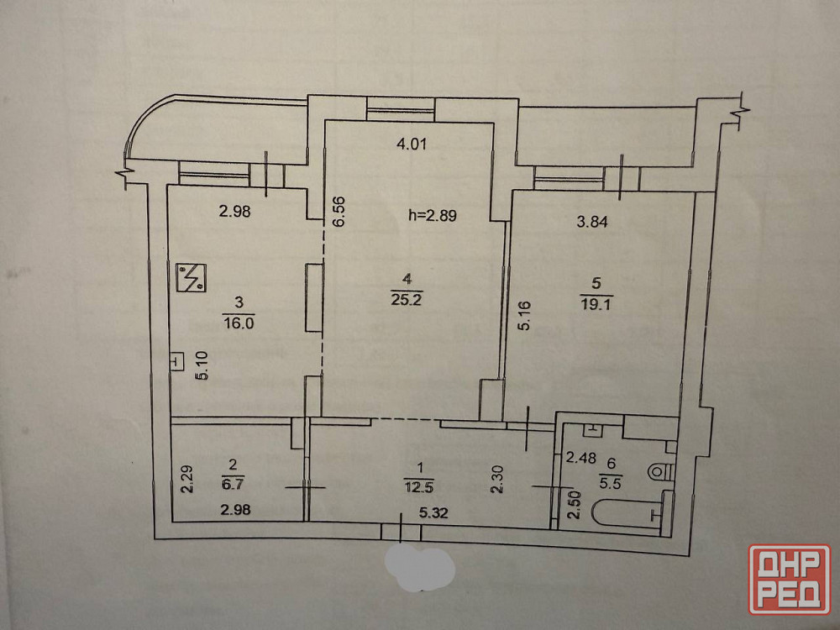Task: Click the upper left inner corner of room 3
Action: (168, 186)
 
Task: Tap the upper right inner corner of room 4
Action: (493, 123)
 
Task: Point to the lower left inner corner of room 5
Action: (504, 421)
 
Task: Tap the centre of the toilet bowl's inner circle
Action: (656, 472)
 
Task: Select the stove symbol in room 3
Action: (192, 277)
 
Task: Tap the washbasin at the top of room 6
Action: (592, 428)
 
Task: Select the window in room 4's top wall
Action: (400, 110)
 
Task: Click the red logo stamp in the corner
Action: (790, 579)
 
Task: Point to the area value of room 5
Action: (596, 305)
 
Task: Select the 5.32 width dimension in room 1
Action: (433, 512)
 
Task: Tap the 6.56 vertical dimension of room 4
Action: (338, 212)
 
